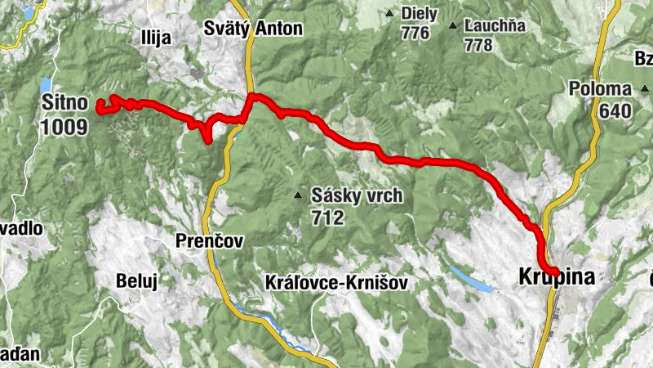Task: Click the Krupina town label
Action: click(557, 278)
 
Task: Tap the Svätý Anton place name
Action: click(253, 29)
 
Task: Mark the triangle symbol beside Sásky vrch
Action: click(299, 195)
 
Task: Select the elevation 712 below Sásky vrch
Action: click(327, 218)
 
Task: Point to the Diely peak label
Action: click(420, 14)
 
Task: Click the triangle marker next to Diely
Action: click(390, 14)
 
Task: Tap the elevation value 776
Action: click(415, 33)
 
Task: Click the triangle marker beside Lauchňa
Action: click(453, 25)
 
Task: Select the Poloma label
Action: click(601, 88)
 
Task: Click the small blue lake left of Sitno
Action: click(46, 84)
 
